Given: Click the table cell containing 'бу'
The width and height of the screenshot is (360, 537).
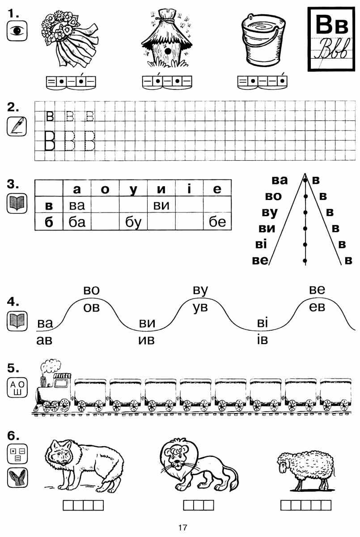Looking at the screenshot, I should pyautogui.click(x=133, y=222).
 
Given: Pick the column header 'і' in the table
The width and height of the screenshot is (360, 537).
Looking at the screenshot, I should pyautogui.click(x=189, y=189).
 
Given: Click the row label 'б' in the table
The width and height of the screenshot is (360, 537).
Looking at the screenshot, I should pyautogui.click(x=49, y=222).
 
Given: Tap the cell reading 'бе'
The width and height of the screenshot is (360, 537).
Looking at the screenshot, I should pyautogui.click(x=217, y=222).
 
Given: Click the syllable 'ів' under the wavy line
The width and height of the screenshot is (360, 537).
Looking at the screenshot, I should pyautogui.click(x=262, y=341).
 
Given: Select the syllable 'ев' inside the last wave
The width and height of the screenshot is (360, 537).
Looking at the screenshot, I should pyautogui.click(x=317, y=307).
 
